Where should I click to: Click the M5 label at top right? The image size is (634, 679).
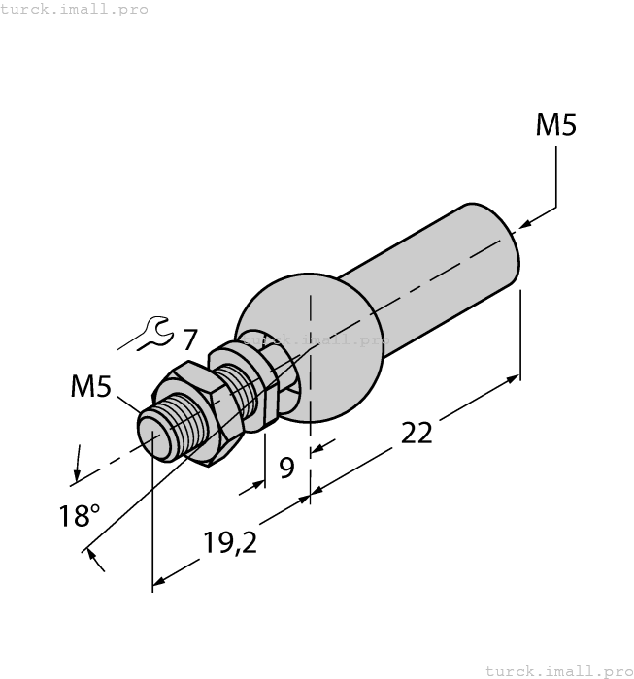click(556, 125)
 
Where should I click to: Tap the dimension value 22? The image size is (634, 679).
click(417, 433)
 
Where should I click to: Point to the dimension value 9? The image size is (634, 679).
click(286, 469)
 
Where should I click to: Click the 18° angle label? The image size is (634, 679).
click(79, 515)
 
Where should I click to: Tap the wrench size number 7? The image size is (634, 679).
click(189, 340)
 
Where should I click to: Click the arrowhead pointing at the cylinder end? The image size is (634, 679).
click(525, 224)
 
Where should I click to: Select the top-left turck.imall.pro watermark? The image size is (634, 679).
click(75, 9)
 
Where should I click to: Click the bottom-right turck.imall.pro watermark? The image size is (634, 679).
click(557, 670)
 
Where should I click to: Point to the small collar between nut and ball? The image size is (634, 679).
click(255, 393)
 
